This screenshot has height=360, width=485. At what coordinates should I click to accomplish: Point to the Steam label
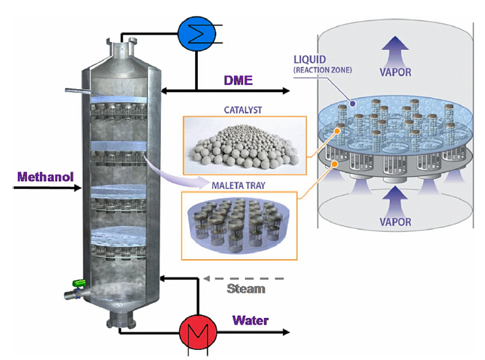tap(246, 288)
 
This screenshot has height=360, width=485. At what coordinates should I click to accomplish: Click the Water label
tap(250, 320)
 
